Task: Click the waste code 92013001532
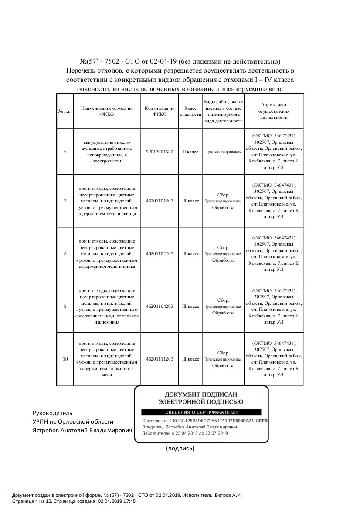pyautogui.click(x=160, y=152)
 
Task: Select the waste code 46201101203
pyautogui.click(x=160, y=201)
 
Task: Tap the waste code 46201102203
pyautogui.click(x=160, y=253)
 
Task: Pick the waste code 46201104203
pyautogui.click(x=160, y=307)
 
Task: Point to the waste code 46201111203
pyautogui.click(x=160, y=359)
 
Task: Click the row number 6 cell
pyautogui.click(x=65, y=152)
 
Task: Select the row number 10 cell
pyautogui.click(x=65, y=359)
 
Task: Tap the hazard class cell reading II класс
pyautogui.click(x=190, y=152)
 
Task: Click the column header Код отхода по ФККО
pyautogui.click(x=160, y=111)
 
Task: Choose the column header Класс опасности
pyautogui.click(x=190, y=111)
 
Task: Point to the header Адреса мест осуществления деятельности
pyautogui.click(x=274, y=111)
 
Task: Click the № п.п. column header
pyautogui.click(x=65, y=111)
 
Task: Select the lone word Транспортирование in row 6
pyautogui.click(x=223, y=152)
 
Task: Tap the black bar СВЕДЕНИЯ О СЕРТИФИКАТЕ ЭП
pyautogui.click(x=201, y=412)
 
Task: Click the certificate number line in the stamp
pyautogui.click(x=205, y=421)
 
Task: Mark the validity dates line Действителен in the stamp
pyautogui.click(x=185, y=433)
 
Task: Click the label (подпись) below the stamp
pyautogui.click(x=180, y=448)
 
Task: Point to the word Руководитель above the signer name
pyautogui.click(x=53, y=413)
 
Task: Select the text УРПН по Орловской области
pyautogui.click(x=73, y=421)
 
